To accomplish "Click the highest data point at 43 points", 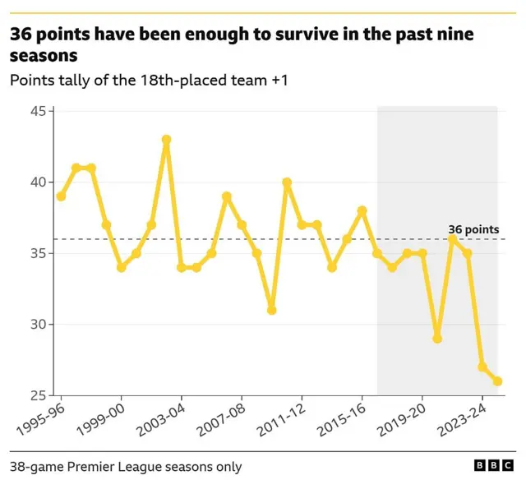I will click(166, 140).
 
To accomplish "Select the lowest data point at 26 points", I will click(497, 381).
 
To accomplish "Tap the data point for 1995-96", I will click(61, 196).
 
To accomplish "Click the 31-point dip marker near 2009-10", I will click(271, 310).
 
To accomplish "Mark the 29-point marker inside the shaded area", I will click(437, 339).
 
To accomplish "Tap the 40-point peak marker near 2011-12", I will click(287, 182).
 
